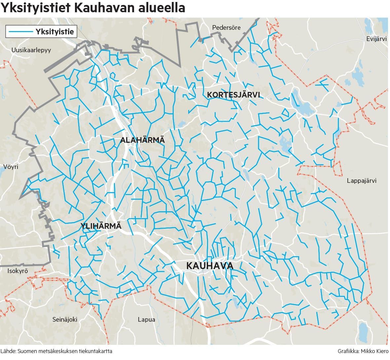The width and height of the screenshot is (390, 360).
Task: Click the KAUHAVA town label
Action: pyautogui.click(x=210, y=266)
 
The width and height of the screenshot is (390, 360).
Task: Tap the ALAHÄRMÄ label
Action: pyautogui.click(x=142, y=140)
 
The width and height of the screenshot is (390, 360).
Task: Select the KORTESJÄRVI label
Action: pyautogui.click(x=233, y=95)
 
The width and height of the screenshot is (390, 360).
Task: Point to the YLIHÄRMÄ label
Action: pyautogui.click(x=101, y=226)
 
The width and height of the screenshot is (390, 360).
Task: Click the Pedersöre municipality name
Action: pyautogui.click(x=226, y=27)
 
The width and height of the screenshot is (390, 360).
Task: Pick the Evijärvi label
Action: pyautogui.click(x=376, y=39)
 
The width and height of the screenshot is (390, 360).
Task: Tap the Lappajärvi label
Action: pyautogui.click(x=362, y=180)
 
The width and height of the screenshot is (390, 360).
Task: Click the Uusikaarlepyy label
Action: pyautogui.click(x=31, y=50)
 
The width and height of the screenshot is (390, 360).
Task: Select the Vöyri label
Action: pyautogui.click(x=11, y=167)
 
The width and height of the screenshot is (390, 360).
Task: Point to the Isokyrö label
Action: pyautogui.click(x=18, y=271)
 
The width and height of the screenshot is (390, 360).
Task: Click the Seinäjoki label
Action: pyautogui.click(x=65, y=319)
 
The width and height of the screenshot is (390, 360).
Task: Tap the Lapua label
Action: pyautogui.click(x=146, y=319)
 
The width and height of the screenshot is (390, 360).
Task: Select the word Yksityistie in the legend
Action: pyautogui.click(x=55, y=32)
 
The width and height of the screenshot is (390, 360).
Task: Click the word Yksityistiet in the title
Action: pyautogui.click(x=35, y=8)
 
